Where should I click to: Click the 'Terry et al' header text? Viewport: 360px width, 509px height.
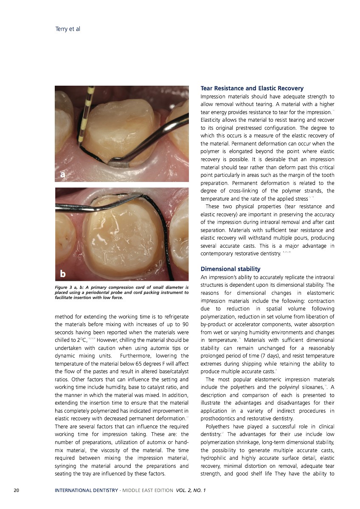pyautogui.click(x=68, y=29)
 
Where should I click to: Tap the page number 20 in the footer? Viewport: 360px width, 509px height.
pyautogui.click(x=16, y=490)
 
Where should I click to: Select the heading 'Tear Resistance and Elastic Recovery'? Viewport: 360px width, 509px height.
pyautogui.click(x=252, y=89)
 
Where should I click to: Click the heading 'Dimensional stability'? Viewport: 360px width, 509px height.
pyautogui.click(x=230, y=269)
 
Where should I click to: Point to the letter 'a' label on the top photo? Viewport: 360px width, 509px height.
pyautogui.click(x=63, y=174)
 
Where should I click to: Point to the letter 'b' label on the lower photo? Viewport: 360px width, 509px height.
pyautogui.click(x=63, y=274)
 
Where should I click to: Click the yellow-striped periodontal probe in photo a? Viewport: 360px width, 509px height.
pyautogui.click(x=87, y=115)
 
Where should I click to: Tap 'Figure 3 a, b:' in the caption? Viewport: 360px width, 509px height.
pyautogui.click(x=70, y=288)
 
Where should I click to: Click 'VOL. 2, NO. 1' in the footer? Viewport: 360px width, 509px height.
pyautogui.click(x=191, y=490)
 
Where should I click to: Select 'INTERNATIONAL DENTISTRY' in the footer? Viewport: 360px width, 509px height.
pyautogui.click(x=86, y=490)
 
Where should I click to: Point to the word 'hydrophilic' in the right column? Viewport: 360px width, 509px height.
pyautogui.click(x=214, y=458)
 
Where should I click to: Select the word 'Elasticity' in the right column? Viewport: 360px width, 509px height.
pyautogui.click(x=212, y=120)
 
